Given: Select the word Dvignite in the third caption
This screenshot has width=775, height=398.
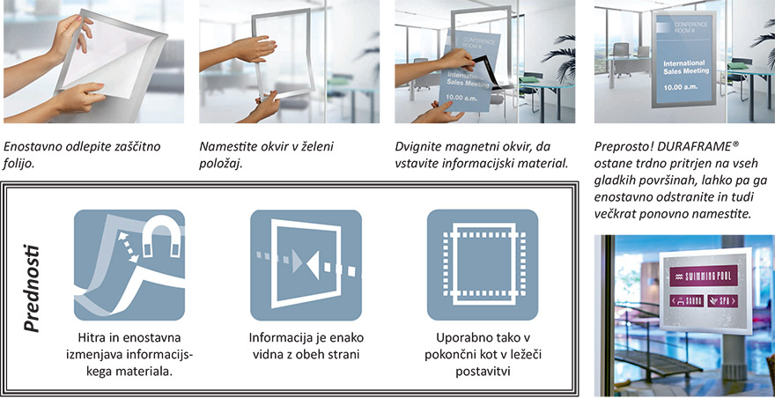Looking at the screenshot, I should click(421, 146).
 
